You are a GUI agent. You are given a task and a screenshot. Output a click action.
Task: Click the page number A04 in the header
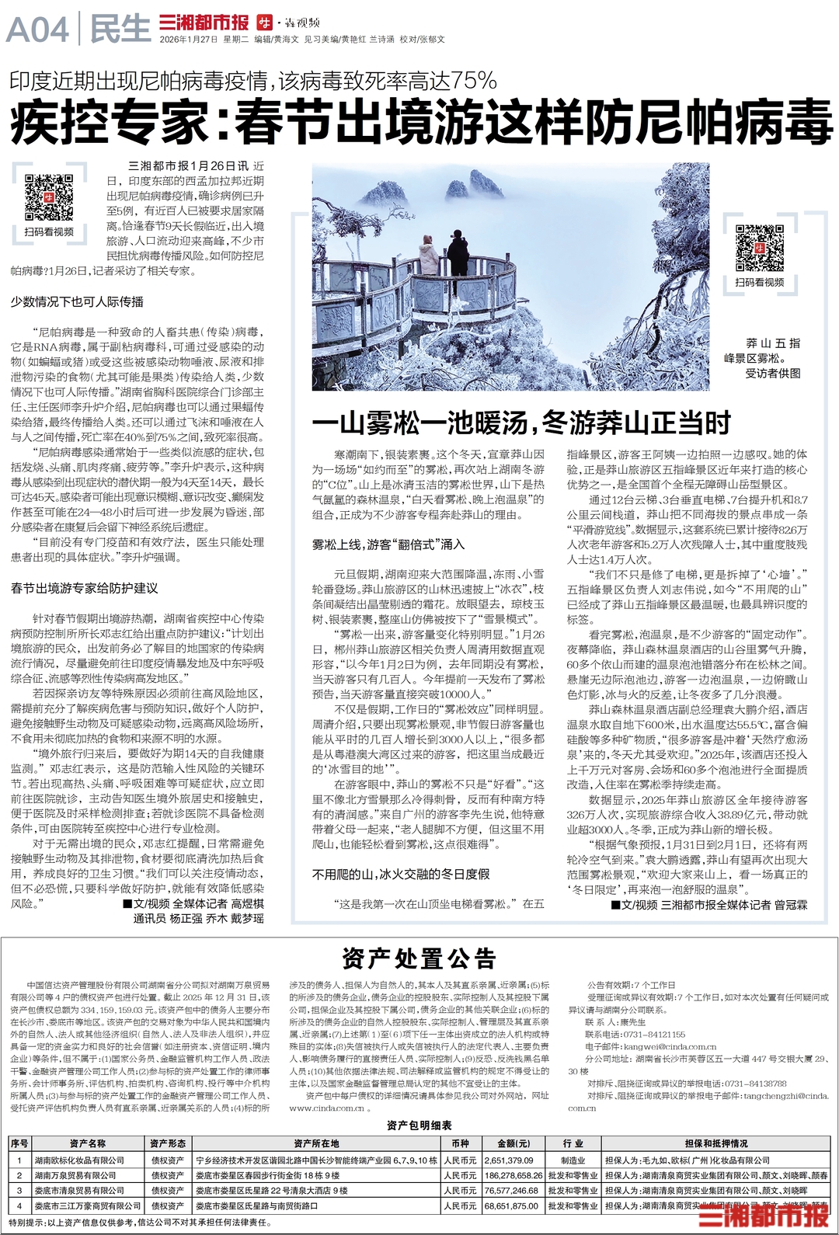coord(37,30)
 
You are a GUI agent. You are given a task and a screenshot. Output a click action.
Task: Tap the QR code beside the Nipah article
coord(48,198)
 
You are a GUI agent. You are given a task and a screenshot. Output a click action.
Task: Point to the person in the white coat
coord(427,257)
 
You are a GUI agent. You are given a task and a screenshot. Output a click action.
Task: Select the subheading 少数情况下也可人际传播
coord(77,301)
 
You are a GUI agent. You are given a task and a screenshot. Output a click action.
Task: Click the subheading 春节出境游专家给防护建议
coord(84,588)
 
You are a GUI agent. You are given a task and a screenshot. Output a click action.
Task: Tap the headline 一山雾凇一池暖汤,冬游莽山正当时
coord(521,423)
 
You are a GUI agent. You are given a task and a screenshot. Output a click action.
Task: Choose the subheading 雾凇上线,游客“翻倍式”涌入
coord(388,544)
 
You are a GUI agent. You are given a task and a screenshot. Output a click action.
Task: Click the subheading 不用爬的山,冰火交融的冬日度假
coord(401,874)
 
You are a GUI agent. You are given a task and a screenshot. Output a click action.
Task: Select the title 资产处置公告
coord(419,959)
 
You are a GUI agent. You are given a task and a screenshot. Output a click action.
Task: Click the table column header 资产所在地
coord(316,1143)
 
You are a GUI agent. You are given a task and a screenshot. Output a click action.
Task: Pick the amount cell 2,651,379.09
coord(509,1160)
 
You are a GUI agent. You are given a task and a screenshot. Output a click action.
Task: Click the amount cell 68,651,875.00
coord(512,1206)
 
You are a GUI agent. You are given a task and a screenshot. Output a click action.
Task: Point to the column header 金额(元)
coord(513,1143)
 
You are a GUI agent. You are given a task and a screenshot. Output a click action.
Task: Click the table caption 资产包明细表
coord(419,1125)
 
